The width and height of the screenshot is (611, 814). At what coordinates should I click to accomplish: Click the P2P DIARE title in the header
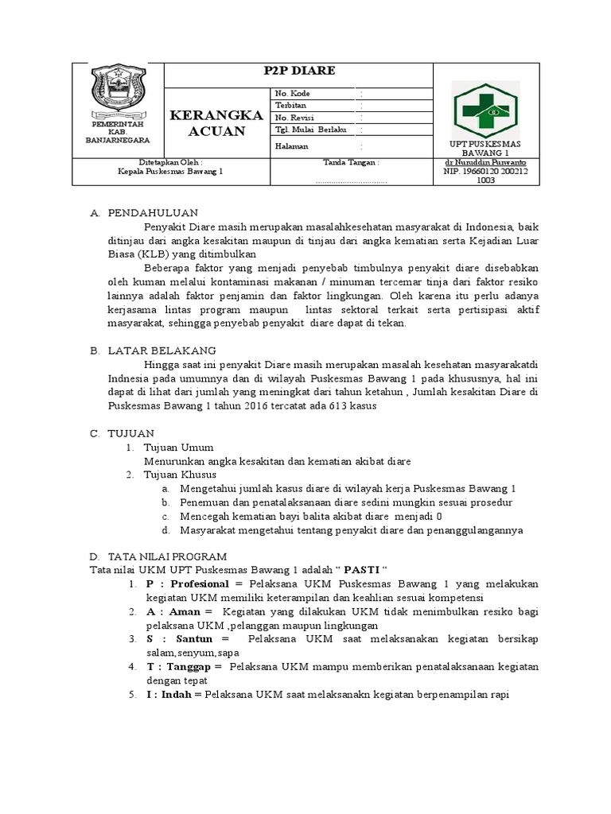pos(299,72)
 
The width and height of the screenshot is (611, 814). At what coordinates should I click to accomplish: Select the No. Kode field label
pos(293,93)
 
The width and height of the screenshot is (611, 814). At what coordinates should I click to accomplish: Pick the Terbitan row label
pos(290,105)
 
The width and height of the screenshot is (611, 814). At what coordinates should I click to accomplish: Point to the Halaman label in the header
pos(291,146)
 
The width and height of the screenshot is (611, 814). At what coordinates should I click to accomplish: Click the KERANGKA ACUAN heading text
pos(217,123)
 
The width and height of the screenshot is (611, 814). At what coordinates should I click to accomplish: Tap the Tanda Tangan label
pos(350,162)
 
